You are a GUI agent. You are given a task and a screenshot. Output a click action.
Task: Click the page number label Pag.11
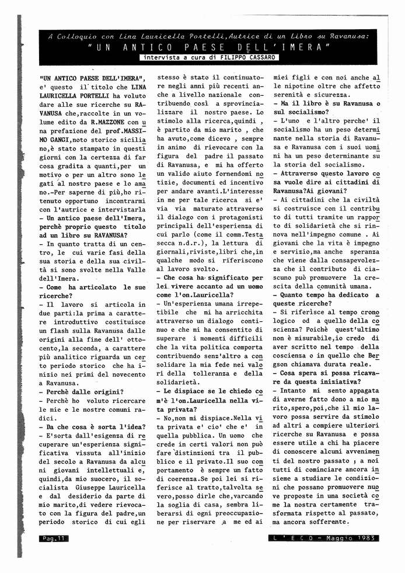53,538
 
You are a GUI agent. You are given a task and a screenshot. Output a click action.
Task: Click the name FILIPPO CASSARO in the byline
242,57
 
